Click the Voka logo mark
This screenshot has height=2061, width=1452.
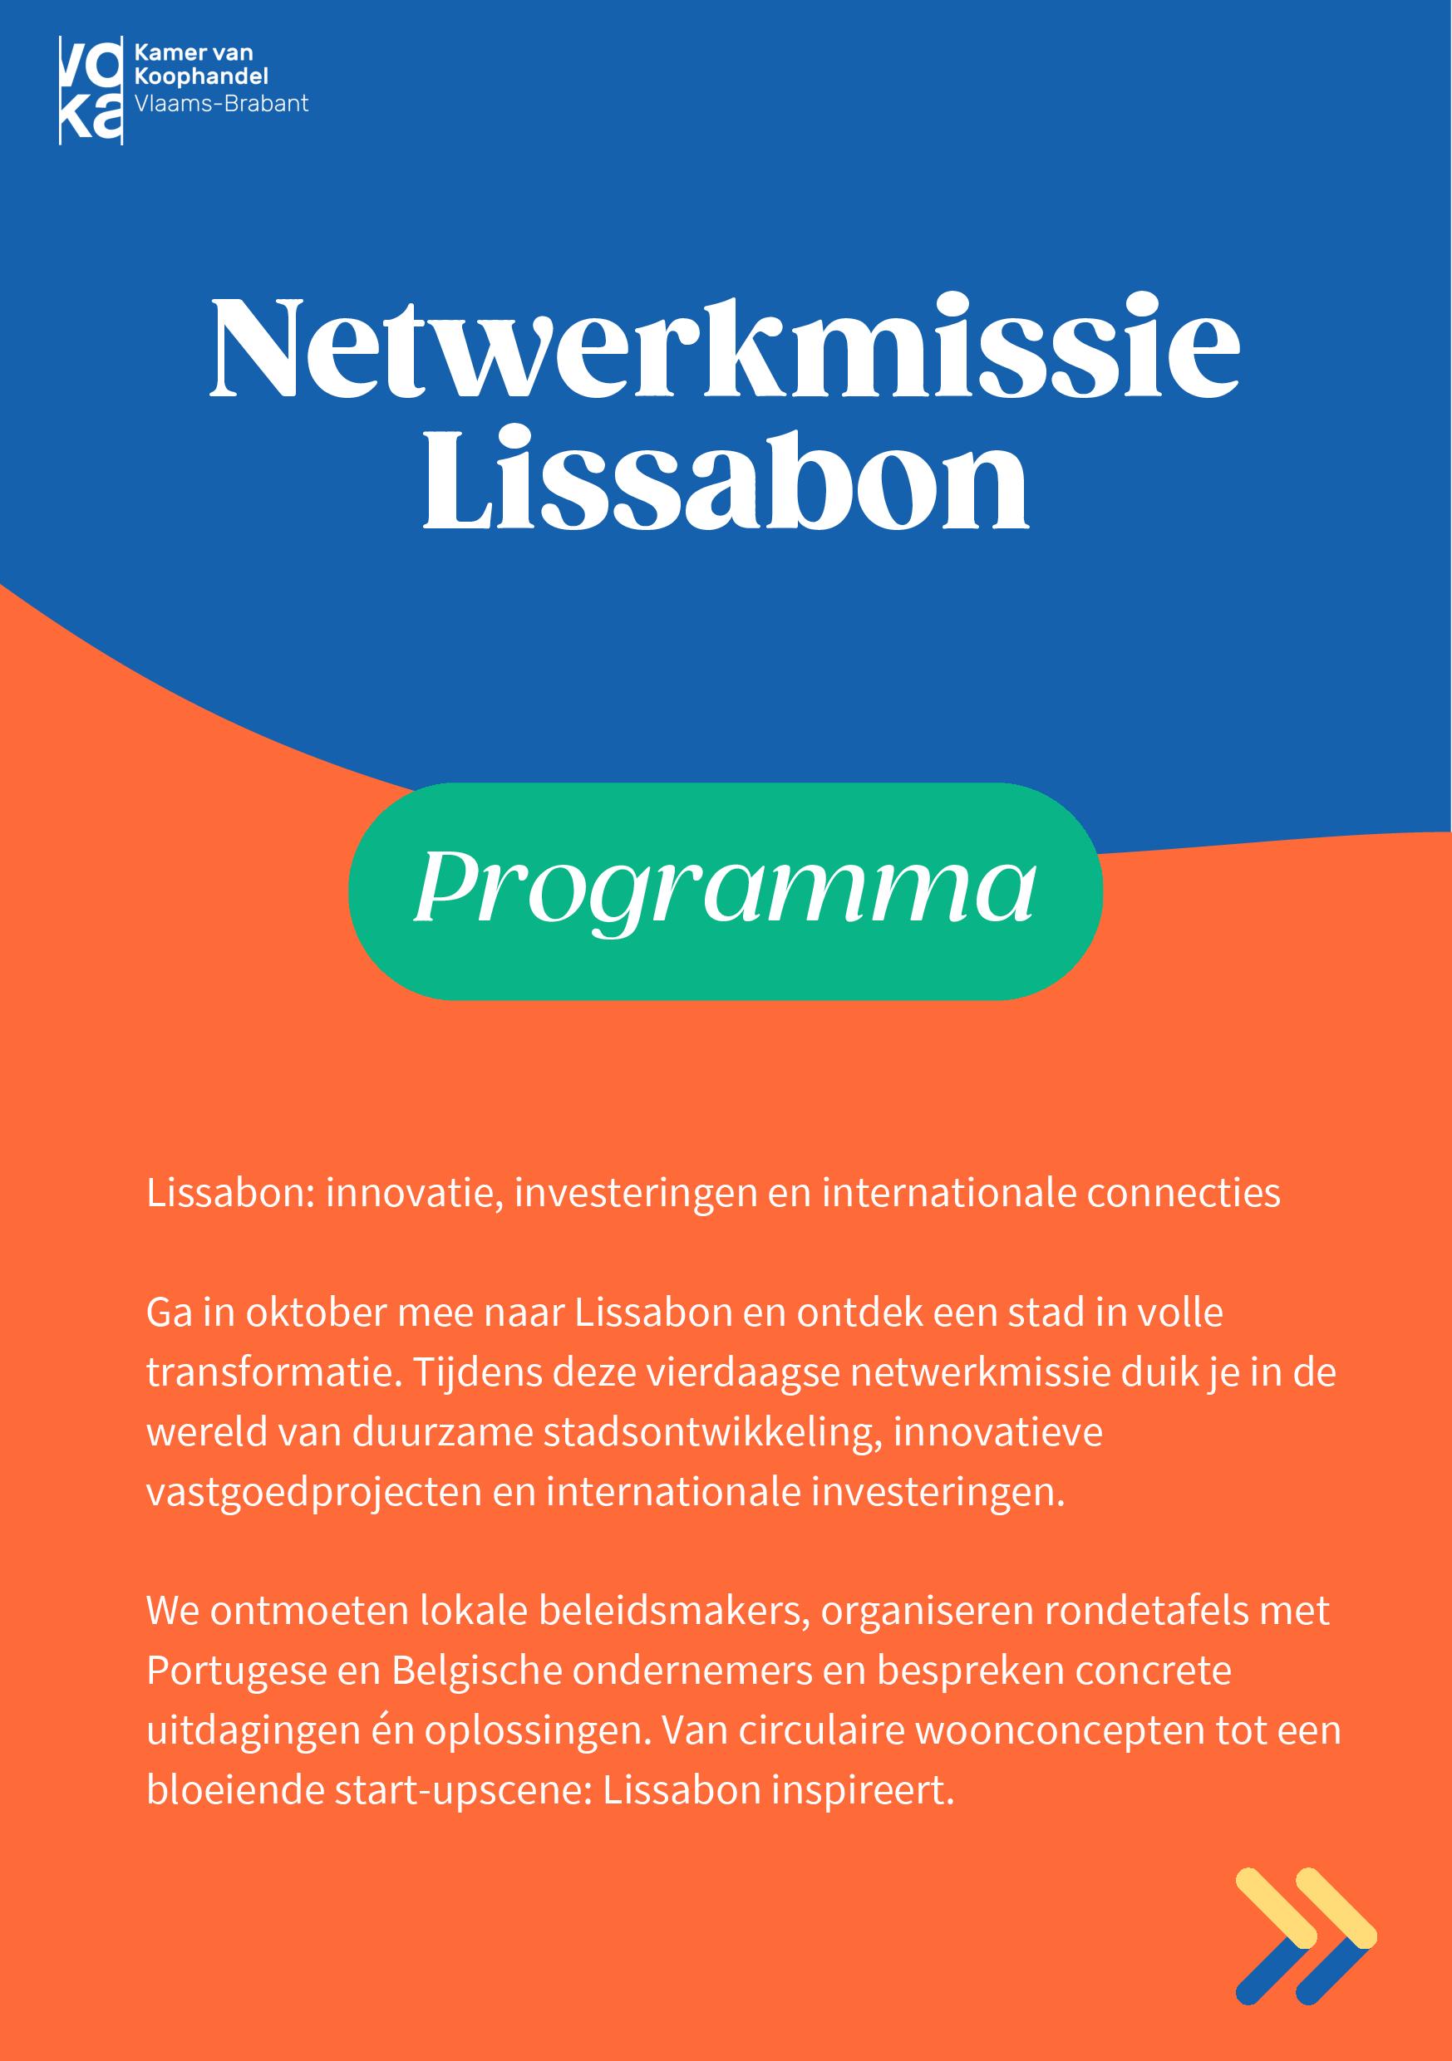pos(91,90)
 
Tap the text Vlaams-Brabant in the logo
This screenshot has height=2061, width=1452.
pos(221,104)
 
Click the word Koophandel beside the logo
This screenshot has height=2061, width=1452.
pos(200,79)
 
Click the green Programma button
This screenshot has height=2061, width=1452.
pos(725,891)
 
